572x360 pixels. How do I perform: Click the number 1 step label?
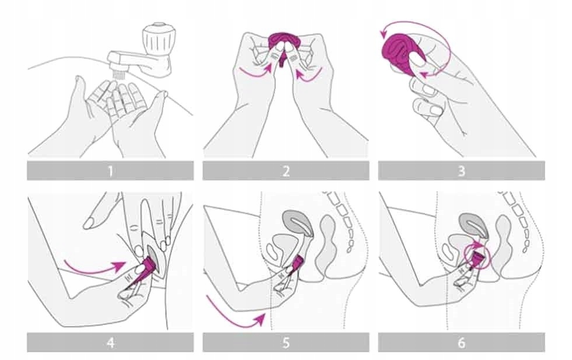110,171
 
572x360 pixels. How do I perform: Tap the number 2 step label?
286,171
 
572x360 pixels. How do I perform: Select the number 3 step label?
462,171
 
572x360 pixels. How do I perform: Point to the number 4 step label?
110,343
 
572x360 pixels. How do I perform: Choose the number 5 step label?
286,343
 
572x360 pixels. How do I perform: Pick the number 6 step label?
462,343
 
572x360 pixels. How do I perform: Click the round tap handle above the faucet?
157,37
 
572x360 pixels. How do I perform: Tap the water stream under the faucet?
117,75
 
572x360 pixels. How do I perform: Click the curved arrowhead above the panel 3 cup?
383,34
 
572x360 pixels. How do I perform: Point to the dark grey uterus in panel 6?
473,224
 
